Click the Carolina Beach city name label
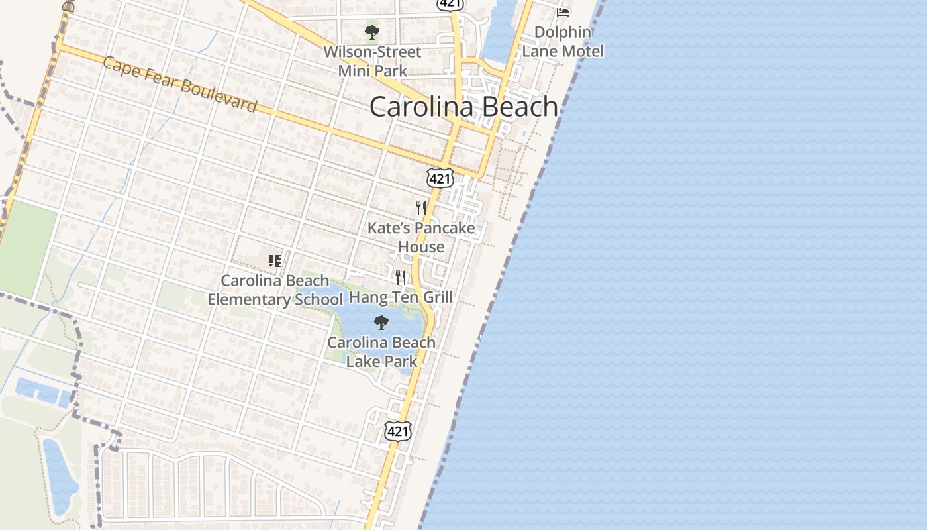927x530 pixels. (x=463, y=107)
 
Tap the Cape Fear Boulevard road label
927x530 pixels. (x=179, y=84)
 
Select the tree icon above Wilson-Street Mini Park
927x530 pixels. (x=372, y=32)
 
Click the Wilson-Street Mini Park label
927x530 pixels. (x=372, y=61)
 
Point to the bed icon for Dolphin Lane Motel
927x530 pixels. (x=563, y=12)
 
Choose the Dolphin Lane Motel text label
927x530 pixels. (x=563, y=42)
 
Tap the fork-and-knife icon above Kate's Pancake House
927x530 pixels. (x=420, y=208)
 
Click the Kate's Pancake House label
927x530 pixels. (x=421, y=237)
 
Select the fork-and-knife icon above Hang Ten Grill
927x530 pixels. (x=401, y=277)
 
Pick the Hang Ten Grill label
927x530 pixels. (x=401, y=297)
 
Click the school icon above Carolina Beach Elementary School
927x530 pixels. (x=275, y=260)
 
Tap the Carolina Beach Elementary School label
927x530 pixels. (x=275, y=290)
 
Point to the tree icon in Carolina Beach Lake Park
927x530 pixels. (x=381, y=323)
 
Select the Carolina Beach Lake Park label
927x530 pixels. (x=381, y=352)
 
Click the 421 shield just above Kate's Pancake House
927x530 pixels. (x=440, y=178)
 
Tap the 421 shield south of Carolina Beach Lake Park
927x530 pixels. (x=398, y=431)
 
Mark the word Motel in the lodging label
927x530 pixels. (x=582, y=51)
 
